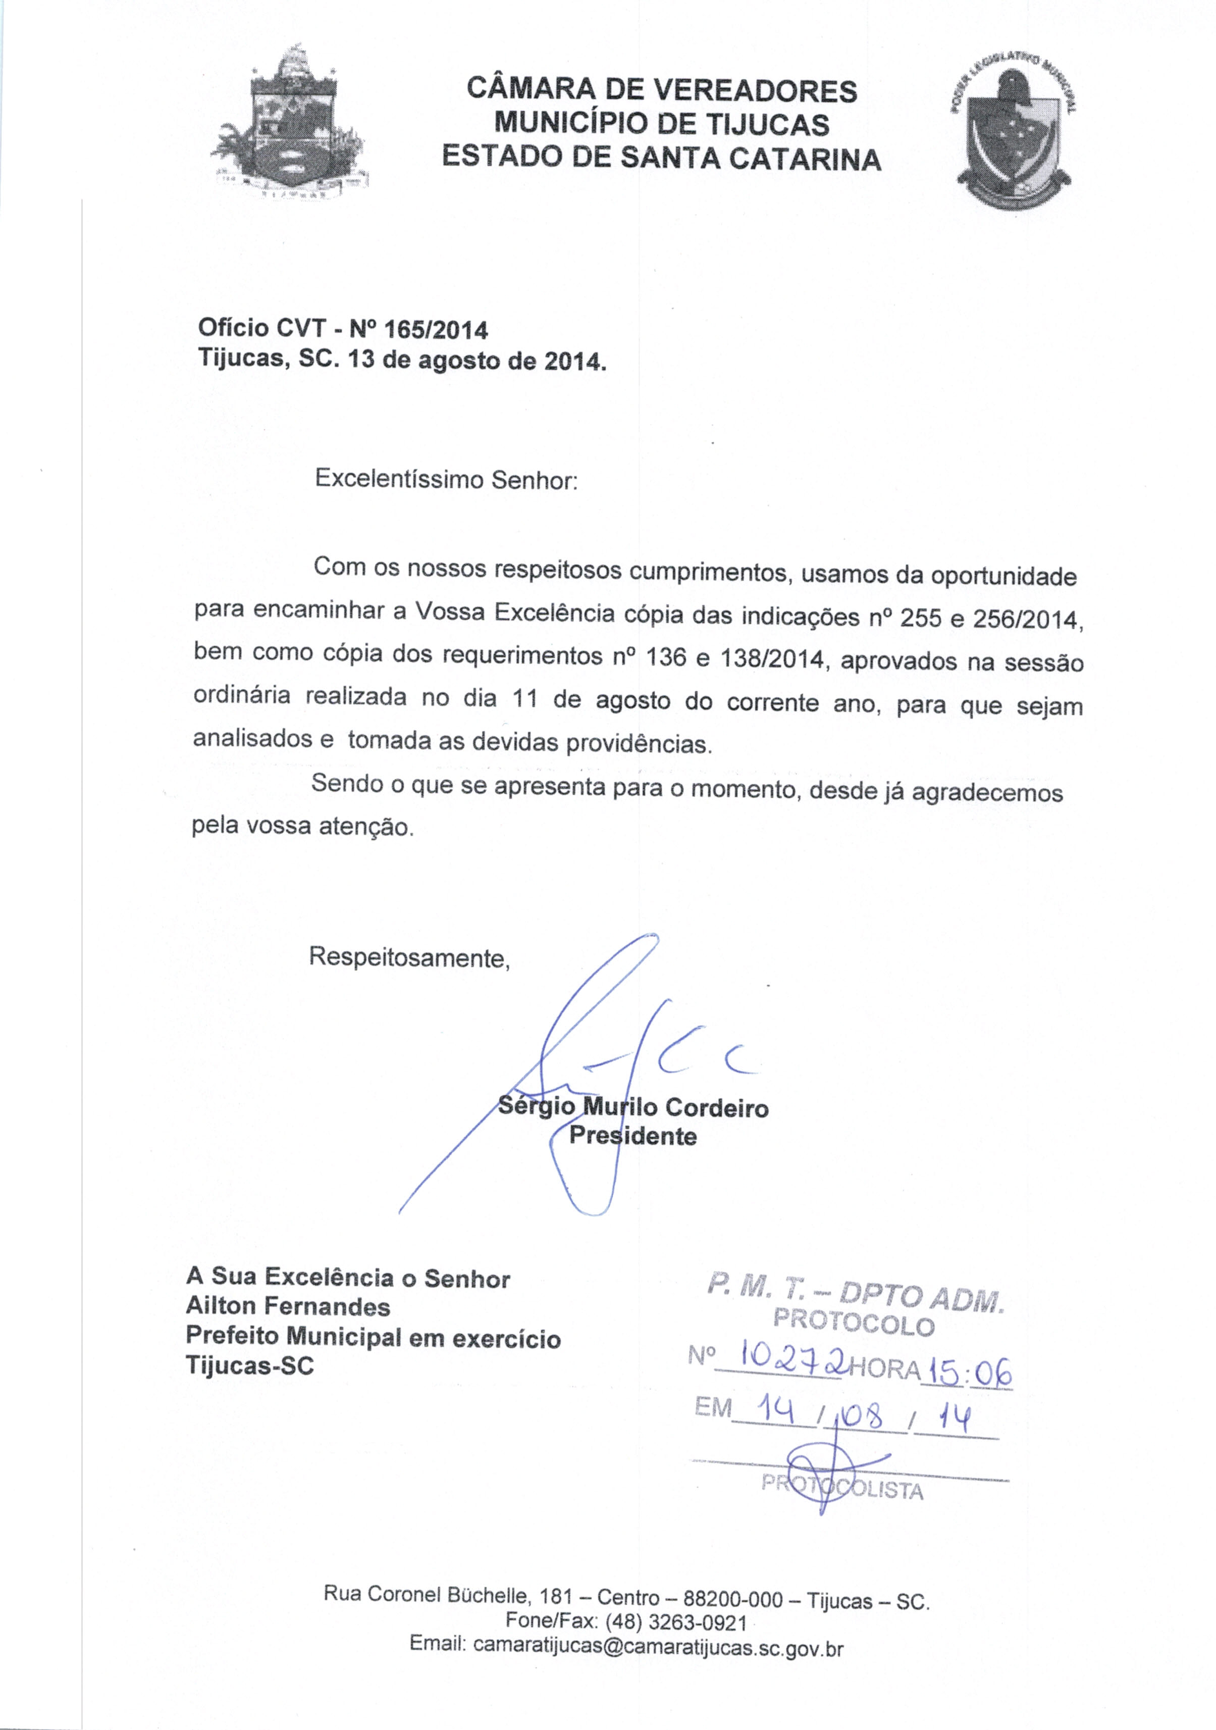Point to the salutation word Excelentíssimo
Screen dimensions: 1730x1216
pyautogui.click(x=399, y=479)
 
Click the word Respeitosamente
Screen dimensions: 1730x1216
pyautogui.click(x=409, y=958)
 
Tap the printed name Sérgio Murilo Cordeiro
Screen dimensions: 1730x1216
pyautogui.click(x=633, y=1107)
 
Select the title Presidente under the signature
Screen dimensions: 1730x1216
pyautogui.click(x=633, y=1136)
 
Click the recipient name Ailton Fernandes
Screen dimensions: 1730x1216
pyautogui.click(x=288, y=1306)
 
